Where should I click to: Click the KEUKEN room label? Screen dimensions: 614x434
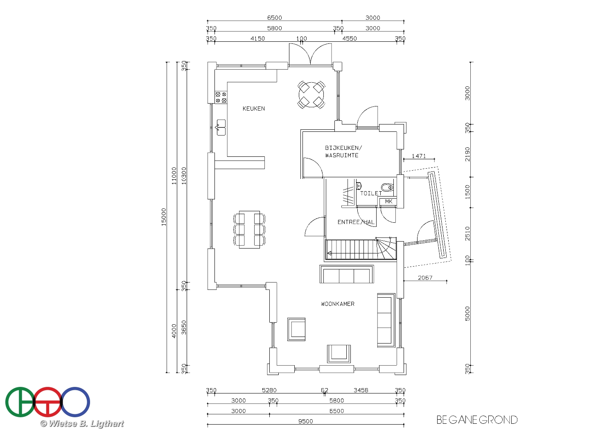tap(253, 108)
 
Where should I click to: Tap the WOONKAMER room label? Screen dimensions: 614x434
tap(338, 304)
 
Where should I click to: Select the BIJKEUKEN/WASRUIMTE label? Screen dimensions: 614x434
tap(343, 151)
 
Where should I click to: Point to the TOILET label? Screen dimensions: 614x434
tap(371, 193)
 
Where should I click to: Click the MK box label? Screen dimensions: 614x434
tap(388, 201)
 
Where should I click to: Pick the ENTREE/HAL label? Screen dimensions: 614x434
tap(356, 222)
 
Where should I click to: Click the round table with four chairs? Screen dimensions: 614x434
tap(311, 95)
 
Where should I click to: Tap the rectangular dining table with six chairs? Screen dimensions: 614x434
tap(249, 229)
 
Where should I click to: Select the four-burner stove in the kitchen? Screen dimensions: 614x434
tap(221, 97)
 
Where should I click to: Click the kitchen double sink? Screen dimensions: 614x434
tap(221, 127)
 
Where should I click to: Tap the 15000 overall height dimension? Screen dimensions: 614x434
tap(164, 217)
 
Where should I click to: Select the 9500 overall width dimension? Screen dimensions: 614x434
tap(306, 421)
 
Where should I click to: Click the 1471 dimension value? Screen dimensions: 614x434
tap(419, 156)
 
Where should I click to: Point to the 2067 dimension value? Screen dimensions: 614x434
tap(425, 278)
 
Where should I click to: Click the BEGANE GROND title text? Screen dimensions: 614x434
tap(477, 420)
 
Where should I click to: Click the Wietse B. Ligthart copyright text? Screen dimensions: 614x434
tap(82, 424)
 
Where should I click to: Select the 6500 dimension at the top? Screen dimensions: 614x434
tap(274, 18)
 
